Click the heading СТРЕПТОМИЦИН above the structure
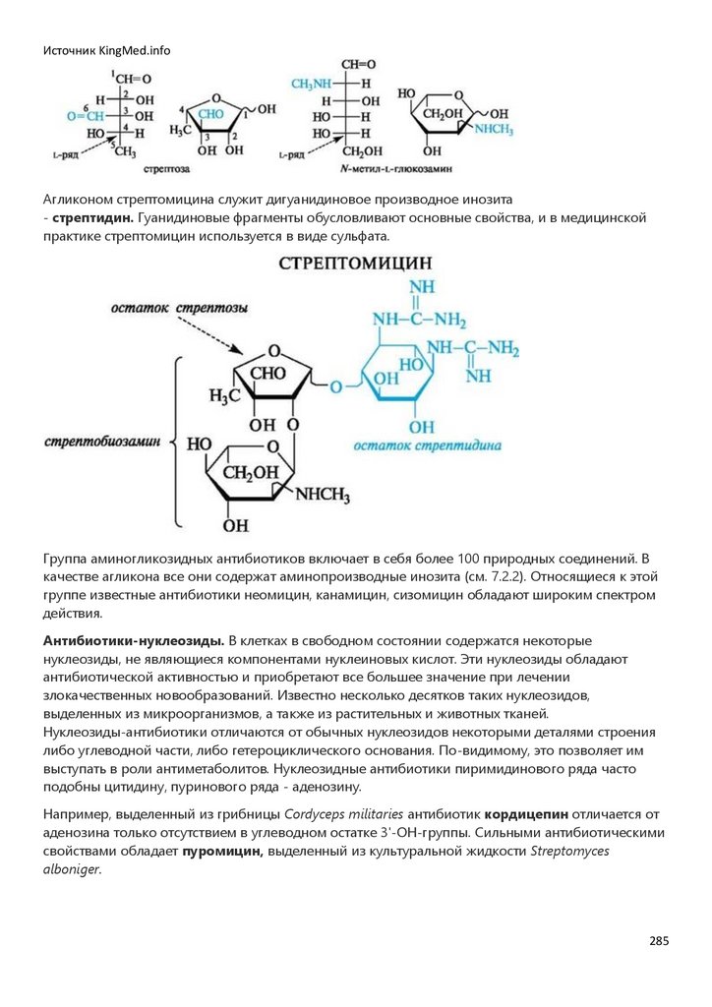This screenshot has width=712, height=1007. click(355, 264)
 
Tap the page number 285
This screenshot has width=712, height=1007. click(659, 940)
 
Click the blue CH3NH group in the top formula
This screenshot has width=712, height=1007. click(314, 85)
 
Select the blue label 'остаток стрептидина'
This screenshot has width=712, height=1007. click(429, 445)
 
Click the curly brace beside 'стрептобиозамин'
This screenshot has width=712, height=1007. click(177, 443)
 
